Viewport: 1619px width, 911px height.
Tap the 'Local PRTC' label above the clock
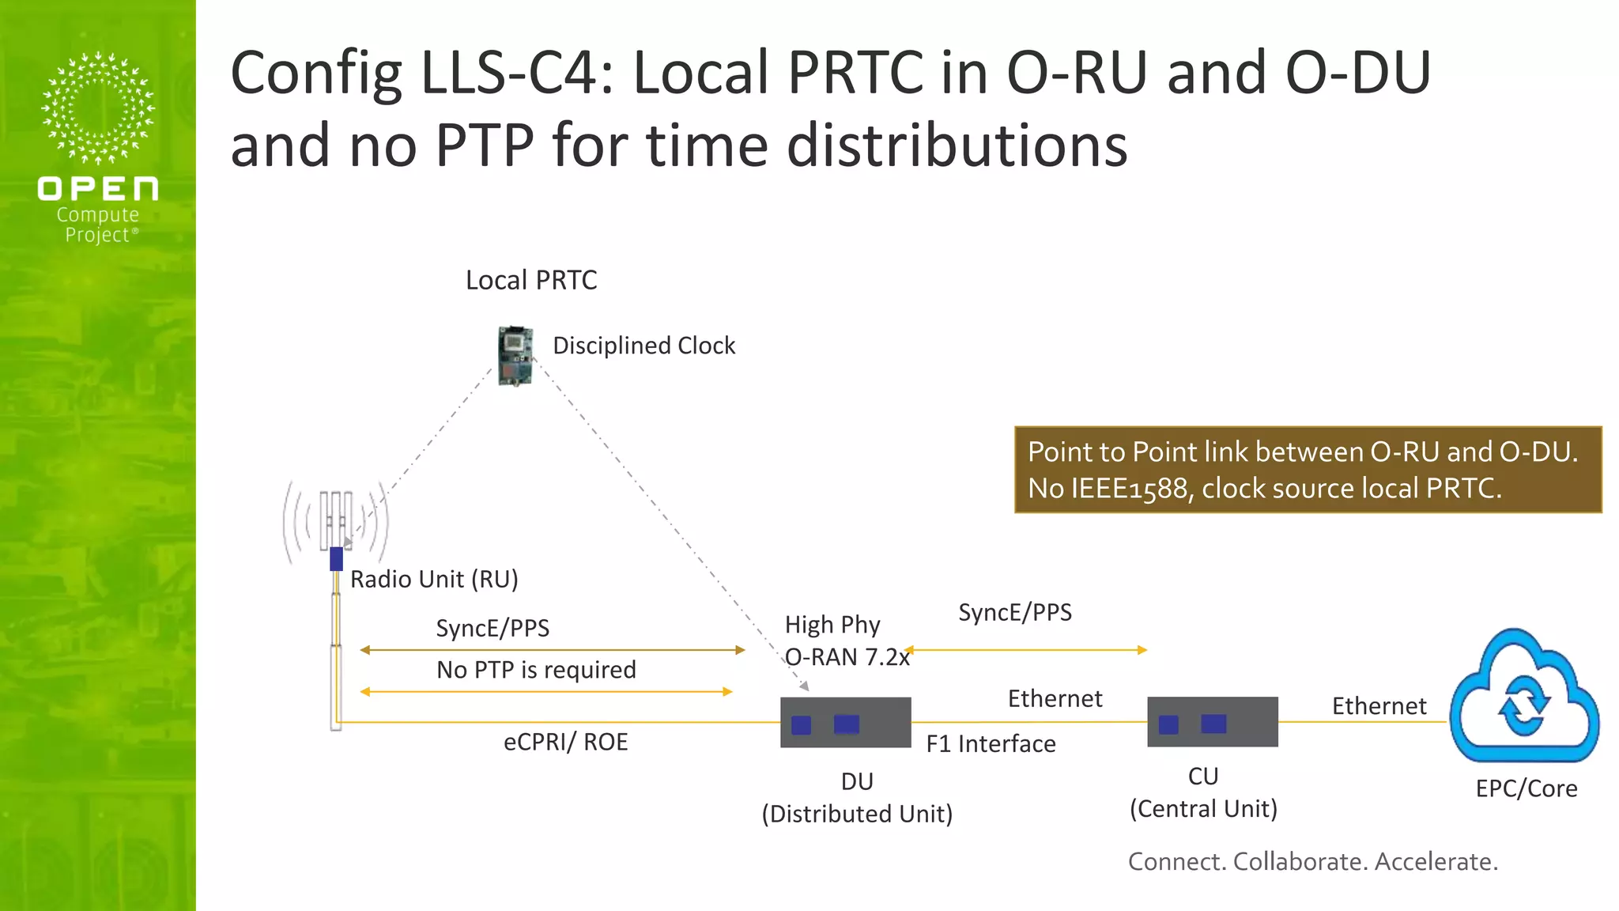[531, 280]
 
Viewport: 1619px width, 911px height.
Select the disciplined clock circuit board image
[515, 356]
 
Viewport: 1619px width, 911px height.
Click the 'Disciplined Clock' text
[643, 346]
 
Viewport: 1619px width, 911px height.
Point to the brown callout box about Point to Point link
[1308, 470]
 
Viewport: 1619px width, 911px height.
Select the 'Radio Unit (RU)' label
[434, 579]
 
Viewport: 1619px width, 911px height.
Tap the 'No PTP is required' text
[536, 670]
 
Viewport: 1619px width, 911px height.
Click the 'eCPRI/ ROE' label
[565, 742]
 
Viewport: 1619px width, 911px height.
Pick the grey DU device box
[845, 722]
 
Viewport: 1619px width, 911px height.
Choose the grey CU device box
[1212, 721]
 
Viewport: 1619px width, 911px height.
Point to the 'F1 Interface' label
[991, 743]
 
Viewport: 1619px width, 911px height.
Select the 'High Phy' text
[832, 625]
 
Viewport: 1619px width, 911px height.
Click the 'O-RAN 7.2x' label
[847, 657]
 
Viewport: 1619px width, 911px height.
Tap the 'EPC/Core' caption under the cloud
[1526, 788]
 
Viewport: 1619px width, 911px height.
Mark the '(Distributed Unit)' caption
[857, 814]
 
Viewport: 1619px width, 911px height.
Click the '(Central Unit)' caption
[1203, 809]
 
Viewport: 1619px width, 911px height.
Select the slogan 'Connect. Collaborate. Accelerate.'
[1312, 861]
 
